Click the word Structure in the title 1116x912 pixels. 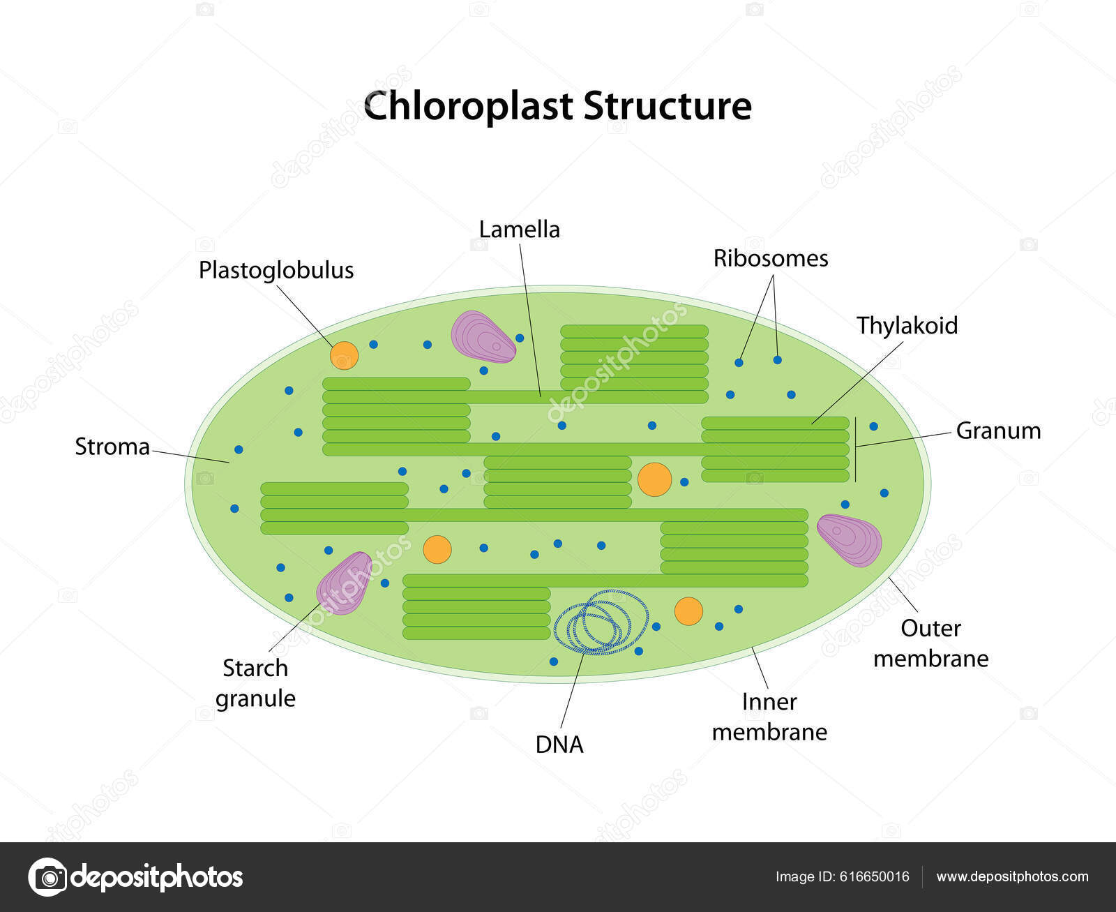[x=667, y=107]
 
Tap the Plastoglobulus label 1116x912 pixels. [x=276, y=270]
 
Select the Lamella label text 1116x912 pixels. [x=519, y=230]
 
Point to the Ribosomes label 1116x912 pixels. [x=770, y=258]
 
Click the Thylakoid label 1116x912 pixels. [x=907, y=326]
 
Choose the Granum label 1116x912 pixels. [x=997, y=431]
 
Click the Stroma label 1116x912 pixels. [x=112, y=447]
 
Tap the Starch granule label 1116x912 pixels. [x=255, y=683]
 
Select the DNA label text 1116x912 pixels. [x=559, y=745]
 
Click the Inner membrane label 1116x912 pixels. [x=769, y=717]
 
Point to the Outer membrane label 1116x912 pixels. [x=930, y=643]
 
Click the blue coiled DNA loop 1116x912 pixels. [x=601, y=621]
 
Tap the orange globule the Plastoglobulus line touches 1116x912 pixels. [x=344, y=355]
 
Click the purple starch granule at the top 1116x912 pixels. [x=483, y=337]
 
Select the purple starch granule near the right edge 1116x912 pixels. [x=850, y=539]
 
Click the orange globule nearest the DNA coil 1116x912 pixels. [x=688, y=611]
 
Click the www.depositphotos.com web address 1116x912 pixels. [x=1012, y=876]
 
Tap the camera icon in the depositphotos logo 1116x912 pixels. [x=47, y=876]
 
